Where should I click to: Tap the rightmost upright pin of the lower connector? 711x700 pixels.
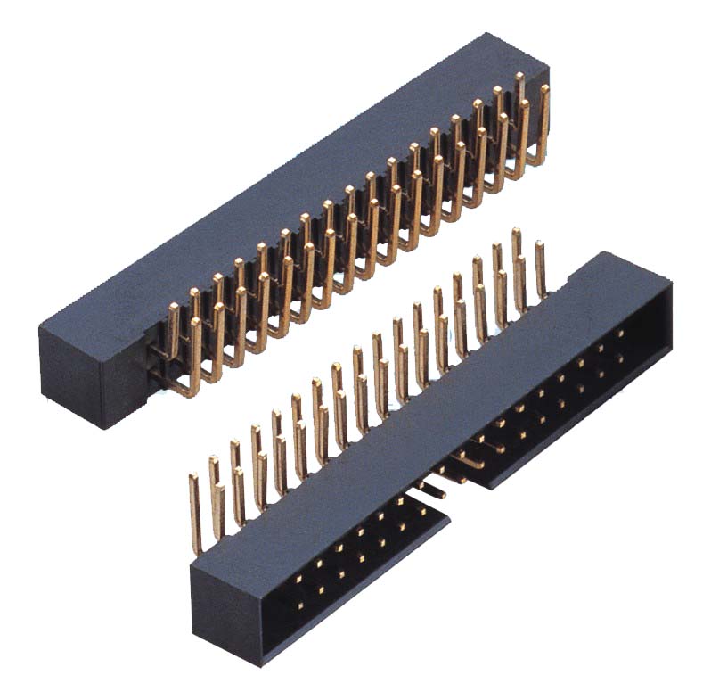pyautogui.click(x=540, y=268)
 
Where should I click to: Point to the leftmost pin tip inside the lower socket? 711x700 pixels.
pyautogui.click(x=297, y=603)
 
